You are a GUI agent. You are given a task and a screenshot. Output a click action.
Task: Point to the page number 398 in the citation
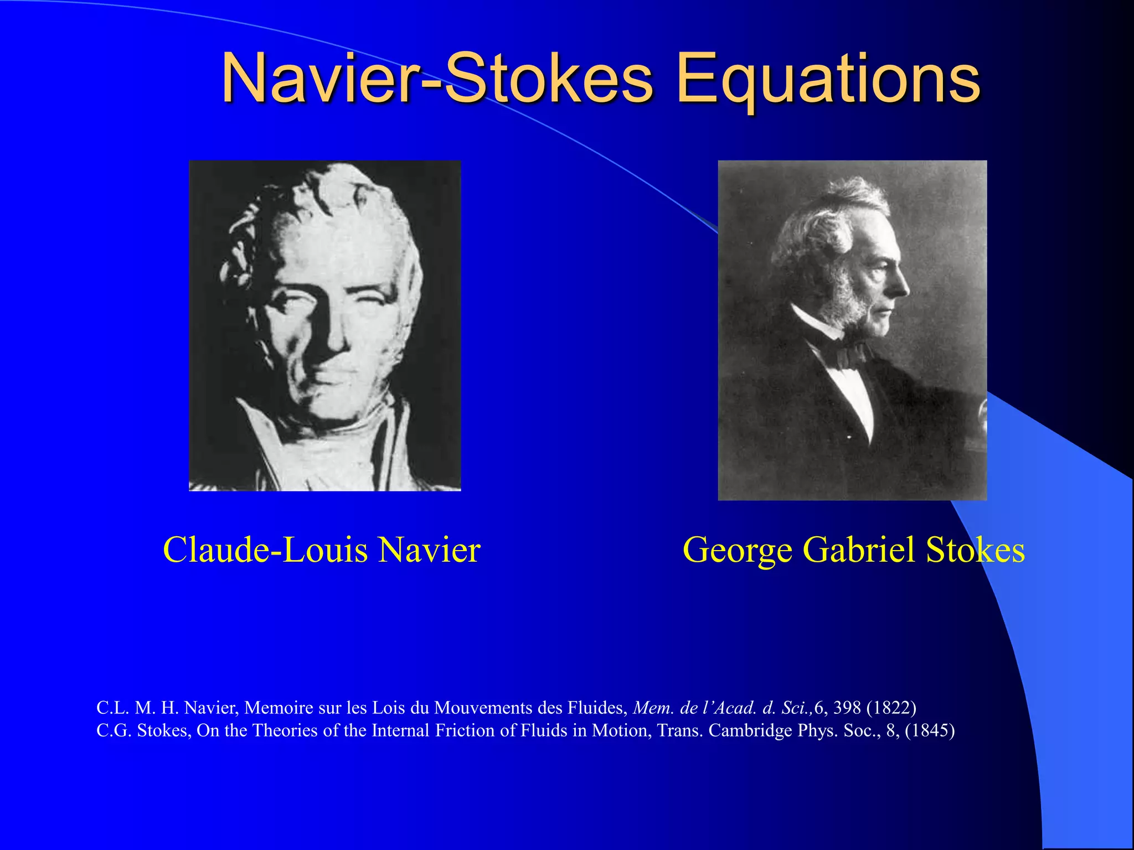tap(847, 707)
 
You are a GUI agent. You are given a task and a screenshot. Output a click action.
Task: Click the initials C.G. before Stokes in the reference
tap(114, 730)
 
